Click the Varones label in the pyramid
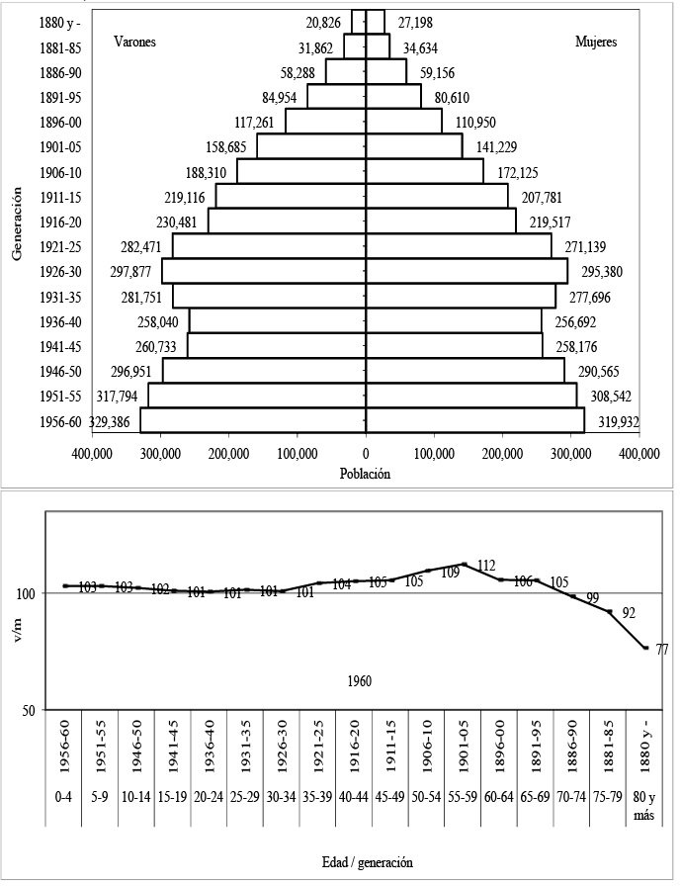coord(135,43)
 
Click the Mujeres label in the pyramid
coord(597,43)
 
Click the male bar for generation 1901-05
coord(262,146)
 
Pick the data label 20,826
coord(326,22)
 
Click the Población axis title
coord(367,474)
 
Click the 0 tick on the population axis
coord(366,454)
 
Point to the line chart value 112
coord(485,566)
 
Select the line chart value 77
coord(662,650)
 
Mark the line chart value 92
coord(629,612)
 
